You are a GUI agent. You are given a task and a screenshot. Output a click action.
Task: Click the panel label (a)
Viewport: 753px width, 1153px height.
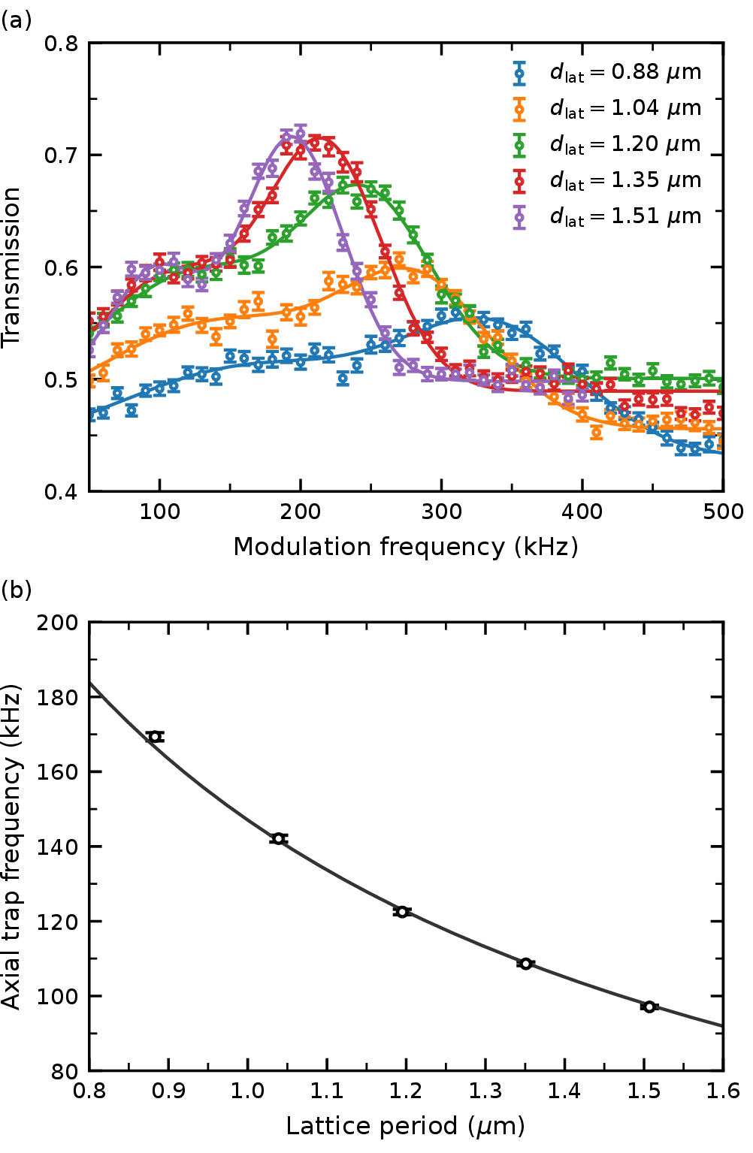pos(16,20)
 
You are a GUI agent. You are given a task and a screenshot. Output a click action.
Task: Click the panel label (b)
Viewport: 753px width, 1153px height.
pos(16,590)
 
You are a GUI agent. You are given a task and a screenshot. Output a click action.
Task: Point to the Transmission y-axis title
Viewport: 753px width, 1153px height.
pos(12,267)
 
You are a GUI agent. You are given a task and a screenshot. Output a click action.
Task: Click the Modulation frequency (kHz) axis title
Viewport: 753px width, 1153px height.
pos(406,547)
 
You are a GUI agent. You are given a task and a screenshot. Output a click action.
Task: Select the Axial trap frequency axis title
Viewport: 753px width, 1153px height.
pos(12,847)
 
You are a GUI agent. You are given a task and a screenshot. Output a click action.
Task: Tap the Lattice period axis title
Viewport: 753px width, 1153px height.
pos(406,1126)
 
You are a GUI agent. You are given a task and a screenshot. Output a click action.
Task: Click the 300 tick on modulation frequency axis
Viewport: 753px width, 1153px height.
pos(442,512)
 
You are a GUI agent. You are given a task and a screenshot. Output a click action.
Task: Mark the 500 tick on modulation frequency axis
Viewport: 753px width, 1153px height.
pos(724,512)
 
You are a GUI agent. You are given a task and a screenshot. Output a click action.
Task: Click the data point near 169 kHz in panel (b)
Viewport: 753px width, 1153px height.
pos(155,736)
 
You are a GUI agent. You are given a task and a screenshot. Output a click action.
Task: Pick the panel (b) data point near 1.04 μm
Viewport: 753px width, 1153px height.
pos(279,838)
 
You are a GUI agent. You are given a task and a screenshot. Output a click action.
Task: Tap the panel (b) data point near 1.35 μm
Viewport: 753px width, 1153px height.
pos(525,964)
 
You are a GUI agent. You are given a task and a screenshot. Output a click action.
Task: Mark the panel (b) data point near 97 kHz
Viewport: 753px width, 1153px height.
pos(649,1007)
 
